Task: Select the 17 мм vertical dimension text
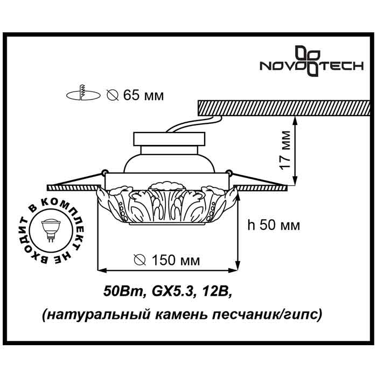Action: (285, 150)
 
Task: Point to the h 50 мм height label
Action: (274, 225)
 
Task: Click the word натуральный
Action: (97, 315)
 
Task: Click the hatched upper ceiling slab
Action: (284, 108)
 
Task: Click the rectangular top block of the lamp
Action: (169, 139)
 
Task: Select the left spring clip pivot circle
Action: (104, 172)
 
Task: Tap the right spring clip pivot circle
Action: (229, 172)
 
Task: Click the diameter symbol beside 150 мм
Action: (139, 260)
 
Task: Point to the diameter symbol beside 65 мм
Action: (113, 95)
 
